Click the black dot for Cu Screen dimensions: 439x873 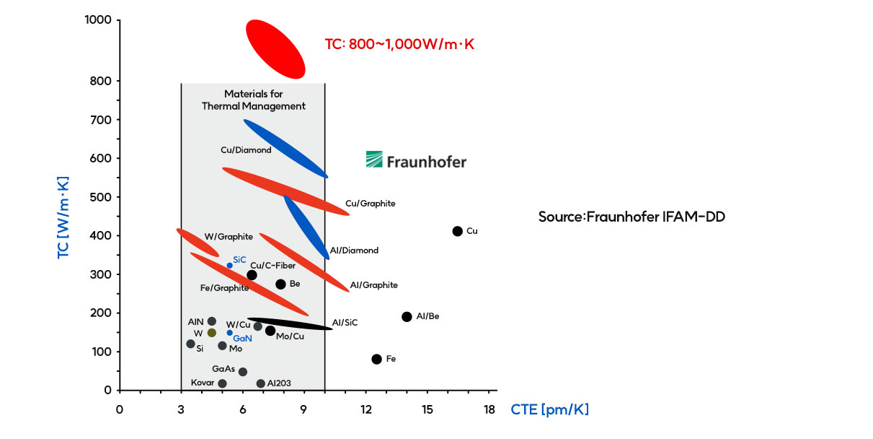[457, 231]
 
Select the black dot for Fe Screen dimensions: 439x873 [376, 359]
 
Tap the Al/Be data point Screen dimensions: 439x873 [407, 316]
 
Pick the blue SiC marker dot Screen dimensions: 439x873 [230, 265]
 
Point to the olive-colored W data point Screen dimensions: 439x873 [211, 333]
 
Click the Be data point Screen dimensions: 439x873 [280, 284]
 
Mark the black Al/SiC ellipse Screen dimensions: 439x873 [290, 323]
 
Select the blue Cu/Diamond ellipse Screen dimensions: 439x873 [285, 148]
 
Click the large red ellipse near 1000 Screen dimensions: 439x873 [275, 49]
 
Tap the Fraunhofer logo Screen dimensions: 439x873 [416, 160]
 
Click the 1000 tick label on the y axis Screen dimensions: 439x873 [97, 20]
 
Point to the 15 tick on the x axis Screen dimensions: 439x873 [427, 410]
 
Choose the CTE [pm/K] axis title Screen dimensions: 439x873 [550, 410]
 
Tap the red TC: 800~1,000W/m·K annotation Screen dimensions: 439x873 [399, 44]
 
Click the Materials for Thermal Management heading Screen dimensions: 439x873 [254, 100]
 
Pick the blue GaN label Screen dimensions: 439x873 [242, 338]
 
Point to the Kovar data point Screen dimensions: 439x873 [222, 383]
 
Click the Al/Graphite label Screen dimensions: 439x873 [373, 285]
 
